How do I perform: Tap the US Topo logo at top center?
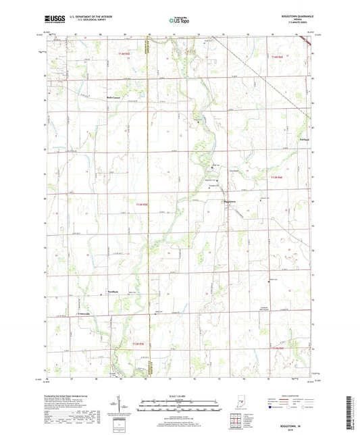tap(178, 21)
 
